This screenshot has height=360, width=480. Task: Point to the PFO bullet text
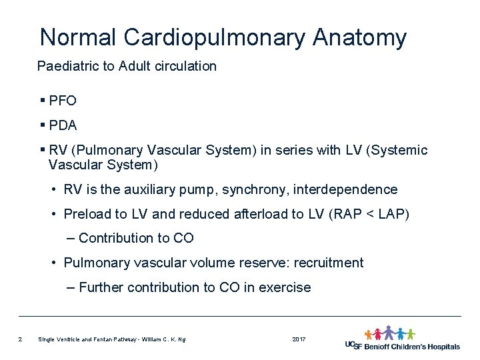(x=63, y=101)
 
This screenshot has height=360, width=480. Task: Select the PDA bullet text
(x=63, y=125)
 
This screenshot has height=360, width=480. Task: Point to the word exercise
(x=287, y=287)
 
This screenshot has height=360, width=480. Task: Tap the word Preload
(x=87, y=214)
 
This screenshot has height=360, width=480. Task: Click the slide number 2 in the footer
(x=21, y=340)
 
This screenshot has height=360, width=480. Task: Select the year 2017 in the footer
(x=299, y=340)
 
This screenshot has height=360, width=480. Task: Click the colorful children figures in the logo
(x=389, y=333)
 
